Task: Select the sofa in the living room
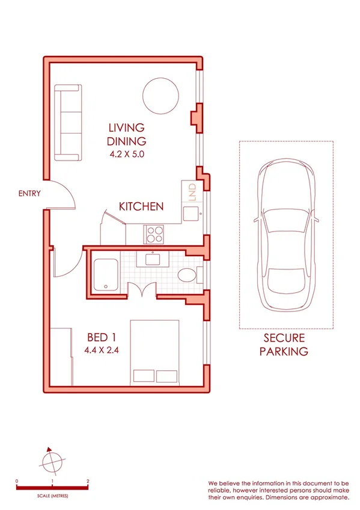pyautogui.click(x=67, y=123)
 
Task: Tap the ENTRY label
pyautogui.click(x=29, y=193)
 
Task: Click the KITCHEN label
pyautogui.click(x=141, y=206)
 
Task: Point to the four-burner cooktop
pyautogui.click(x=154, y=233)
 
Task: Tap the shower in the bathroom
pyautogui.click(x=106, y=274)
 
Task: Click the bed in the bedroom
pyautogui.click(x=154, y=352)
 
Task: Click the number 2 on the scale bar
pyautogui.click(x=88, y=481)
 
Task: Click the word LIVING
pyautogui.click(x=126, y=127)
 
